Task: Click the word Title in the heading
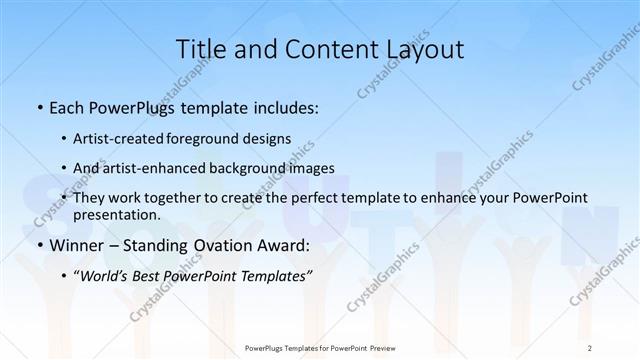[199, 49]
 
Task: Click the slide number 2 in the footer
[590, 348]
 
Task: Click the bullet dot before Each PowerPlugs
[39, 107]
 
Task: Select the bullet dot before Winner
[39, 245]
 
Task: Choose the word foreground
[219, 139]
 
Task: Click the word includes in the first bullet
[285, 107]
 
